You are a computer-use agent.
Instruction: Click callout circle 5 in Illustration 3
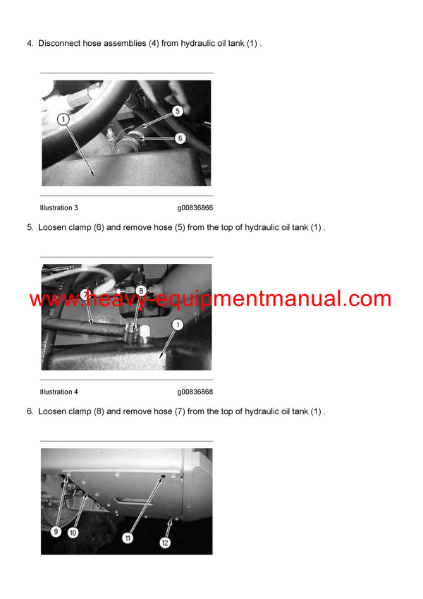tap(177, 111)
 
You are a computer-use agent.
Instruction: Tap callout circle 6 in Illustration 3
tap(180, 138)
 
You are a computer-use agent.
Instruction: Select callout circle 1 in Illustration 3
tap(63, 120)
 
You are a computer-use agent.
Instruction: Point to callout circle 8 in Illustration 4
tap(141, 290)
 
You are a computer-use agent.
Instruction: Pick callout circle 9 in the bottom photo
tap(56, 532)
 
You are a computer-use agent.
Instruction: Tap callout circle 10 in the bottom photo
tap(73, 533)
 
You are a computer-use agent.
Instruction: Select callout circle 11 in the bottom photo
tap(128, 538)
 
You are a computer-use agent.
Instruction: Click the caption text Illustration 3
tap(59, 208)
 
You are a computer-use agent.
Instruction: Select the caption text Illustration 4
tap(59, 392)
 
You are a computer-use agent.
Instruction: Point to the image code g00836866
tap(195, 208)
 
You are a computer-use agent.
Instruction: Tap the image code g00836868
tap(195, 392)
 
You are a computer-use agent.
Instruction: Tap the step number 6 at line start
tap(30, 411)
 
